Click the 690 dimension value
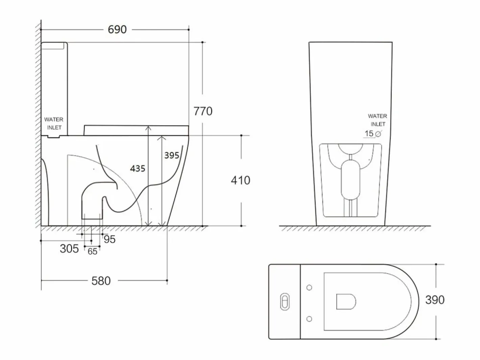tap(117, 29)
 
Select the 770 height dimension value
tap(203, 111)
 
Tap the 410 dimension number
tap(241, 180)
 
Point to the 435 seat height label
tap(138, 169)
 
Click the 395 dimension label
tap(172, 155)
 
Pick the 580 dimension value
tap(101, 281)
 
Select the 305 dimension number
tap(69, 249)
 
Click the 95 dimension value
tap(110, 239)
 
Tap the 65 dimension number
tap(92, 252)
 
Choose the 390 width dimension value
tap(435, 300)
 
